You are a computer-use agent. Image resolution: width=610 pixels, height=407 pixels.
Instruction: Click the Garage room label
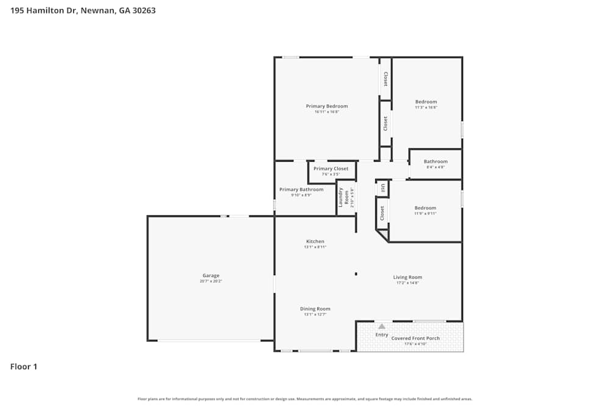coord(211,275)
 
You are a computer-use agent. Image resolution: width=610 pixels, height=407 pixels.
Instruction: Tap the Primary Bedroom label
coord(327,106)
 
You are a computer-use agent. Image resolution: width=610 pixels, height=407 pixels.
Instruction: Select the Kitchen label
coord(315,241)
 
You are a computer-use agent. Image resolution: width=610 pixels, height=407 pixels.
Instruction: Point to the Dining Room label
coord(315,309)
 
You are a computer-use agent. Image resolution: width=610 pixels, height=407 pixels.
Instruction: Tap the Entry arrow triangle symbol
coord(382,326)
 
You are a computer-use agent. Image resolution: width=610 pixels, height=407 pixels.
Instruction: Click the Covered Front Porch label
coord(415,338)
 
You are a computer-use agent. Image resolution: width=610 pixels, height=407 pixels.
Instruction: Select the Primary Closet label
coord(331,168)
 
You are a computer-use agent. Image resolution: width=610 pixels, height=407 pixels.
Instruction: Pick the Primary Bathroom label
coord(301,189)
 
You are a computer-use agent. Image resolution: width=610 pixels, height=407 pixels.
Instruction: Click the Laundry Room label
coord(344,197)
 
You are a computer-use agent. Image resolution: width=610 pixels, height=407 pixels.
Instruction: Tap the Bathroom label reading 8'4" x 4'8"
coord(436,162)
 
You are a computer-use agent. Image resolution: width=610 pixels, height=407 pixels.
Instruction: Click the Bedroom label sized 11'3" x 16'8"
coord(426,102)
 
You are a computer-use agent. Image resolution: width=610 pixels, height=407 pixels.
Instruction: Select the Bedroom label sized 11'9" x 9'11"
coord(425,207)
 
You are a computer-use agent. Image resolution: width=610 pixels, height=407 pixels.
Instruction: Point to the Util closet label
coord(382,188)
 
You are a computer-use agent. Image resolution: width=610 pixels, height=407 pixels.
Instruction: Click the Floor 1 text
coord(24,367)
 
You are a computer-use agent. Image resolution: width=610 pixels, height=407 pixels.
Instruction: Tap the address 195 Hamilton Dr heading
coord(83,10)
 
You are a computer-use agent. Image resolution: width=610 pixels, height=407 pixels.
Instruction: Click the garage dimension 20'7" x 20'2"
coord(211,281)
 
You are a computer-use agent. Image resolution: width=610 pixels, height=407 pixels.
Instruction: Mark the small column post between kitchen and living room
coord(356,274)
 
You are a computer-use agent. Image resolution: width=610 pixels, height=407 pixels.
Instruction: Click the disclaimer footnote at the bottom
coord(305,399)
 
